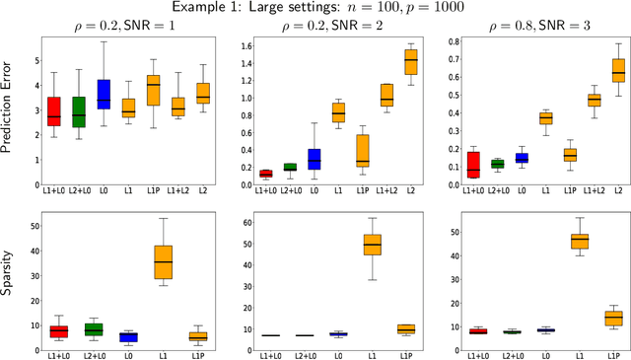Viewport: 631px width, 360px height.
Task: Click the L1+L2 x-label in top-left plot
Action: point(176,189)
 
